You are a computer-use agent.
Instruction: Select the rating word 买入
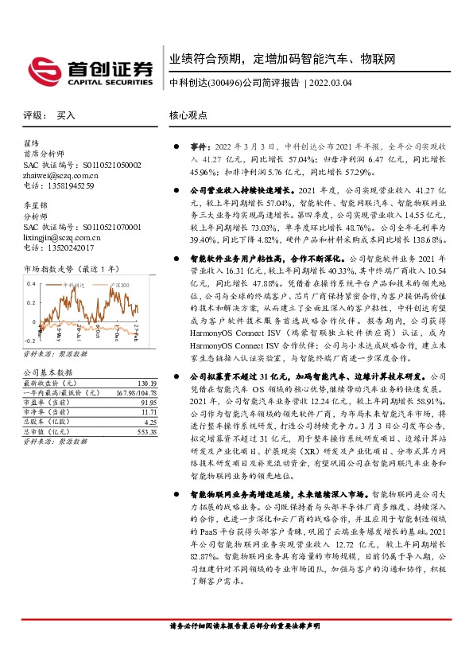point(66,115)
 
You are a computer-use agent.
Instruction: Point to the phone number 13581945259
point(68,185)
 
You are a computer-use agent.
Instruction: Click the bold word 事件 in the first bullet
point(197,147)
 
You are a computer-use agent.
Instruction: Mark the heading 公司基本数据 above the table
point(48,372)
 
